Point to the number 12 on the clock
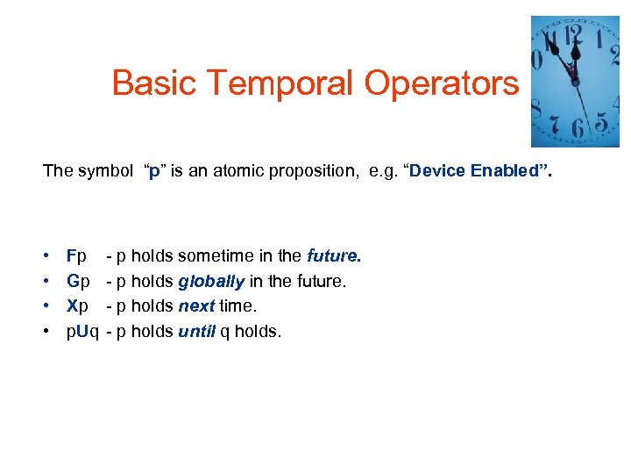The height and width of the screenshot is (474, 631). click(x=574, y=35)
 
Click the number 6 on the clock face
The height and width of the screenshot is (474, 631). click(x=577, y=129)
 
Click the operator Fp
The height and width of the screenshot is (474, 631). click(x=76, y=256)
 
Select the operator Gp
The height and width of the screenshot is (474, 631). click(x=78, y=282)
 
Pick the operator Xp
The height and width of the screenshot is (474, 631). click(x=77, y=306)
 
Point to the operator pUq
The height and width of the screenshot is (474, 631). click(x=82, y=332)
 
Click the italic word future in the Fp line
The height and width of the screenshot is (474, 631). click(x=332, y=256)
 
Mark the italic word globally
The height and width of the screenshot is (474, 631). click(x=211, y=282)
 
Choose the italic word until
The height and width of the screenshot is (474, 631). click(x=197, y=332)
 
